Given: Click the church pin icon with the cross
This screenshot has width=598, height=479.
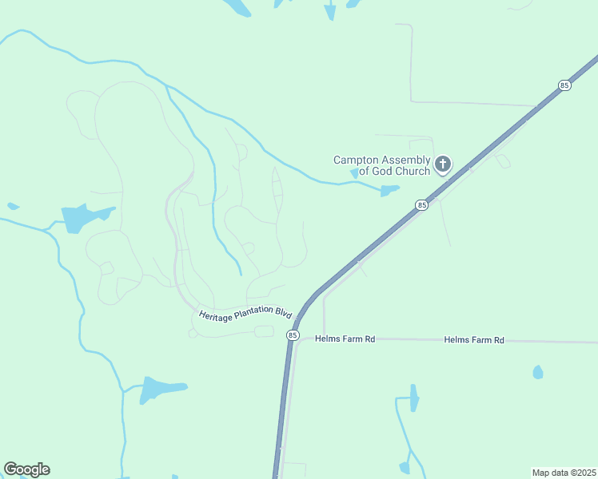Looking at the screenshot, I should [x=442, y=165].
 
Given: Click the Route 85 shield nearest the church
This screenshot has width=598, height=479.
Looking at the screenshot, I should [x=421, y=205].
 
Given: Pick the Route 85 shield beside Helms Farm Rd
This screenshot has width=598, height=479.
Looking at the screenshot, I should [x=293, y=335].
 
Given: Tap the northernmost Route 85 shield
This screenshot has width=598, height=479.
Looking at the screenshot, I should [x=564, y=85].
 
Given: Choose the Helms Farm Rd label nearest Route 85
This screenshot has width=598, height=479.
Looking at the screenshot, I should [x=345, y=338].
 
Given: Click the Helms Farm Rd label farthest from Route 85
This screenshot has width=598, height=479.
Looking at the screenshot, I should [x=474, y=340].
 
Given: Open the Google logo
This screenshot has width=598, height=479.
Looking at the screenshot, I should [x=26, y=469].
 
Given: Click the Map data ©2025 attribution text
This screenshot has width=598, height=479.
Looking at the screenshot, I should [x=564, y=472].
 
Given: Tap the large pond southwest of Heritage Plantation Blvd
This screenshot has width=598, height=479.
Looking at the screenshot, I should [x=160, y=389].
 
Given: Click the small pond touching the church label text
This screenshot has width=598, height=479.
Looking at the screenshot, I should [x=354, y=173].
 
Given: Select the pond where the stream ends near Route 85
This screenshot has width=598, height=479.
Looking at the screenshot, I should [x=389, y=191].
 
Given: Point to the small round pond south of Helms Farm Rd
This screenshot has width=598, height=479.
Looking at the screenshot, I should [x=538, y=372].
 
